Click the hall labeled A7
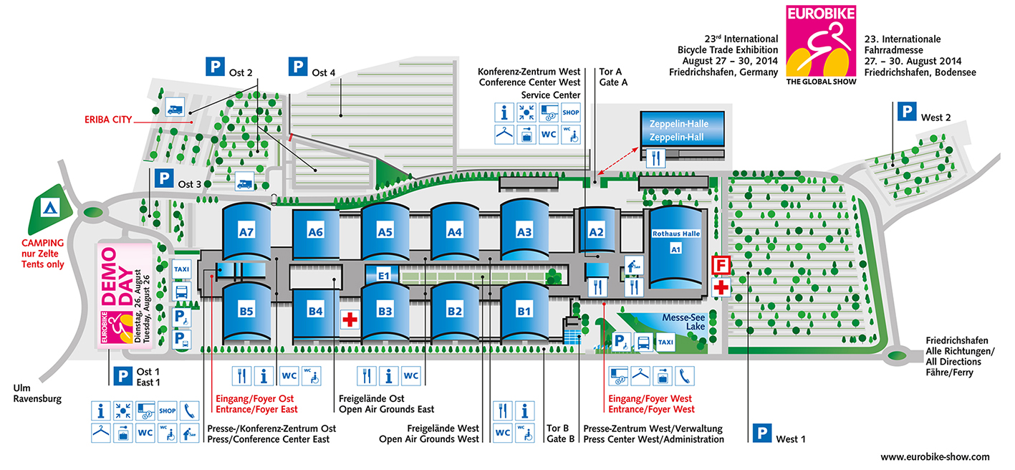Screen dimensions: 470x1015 247,231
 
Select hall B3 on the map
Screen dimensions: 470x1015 385,311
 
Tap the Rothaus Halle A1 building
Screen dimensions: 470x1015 674,247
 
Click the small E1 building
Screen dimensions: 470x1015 383,275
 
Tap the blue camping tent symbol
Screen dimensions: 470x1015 48,208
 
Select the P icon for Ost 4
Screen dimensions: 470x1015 297,67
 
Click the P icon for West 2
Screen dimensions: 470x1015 907,111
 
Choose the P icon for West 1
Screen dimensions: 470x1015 761,433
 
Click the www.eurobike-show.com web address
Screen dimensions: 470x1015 935,456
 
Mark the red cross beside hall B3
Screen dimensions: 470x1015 350,320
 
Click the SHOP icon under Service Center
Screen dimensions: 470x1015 570,112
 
